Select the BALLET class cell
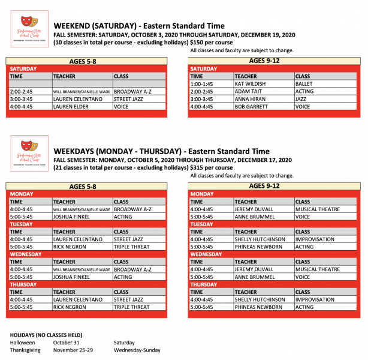point(304,84)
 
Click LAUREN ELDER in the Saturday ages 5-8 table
point(70,106)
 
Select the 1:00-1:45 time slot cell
point(201,84)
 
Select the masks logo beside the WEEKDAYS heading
point(29,150)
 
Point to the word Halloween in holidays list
point(23,343)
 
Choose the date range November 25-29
point(74,350)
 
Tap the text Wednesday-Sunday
point(137,350)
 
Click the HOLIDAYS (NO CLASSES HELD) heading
point(48,334)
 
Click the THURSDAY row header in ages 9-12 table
point(204,284)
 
